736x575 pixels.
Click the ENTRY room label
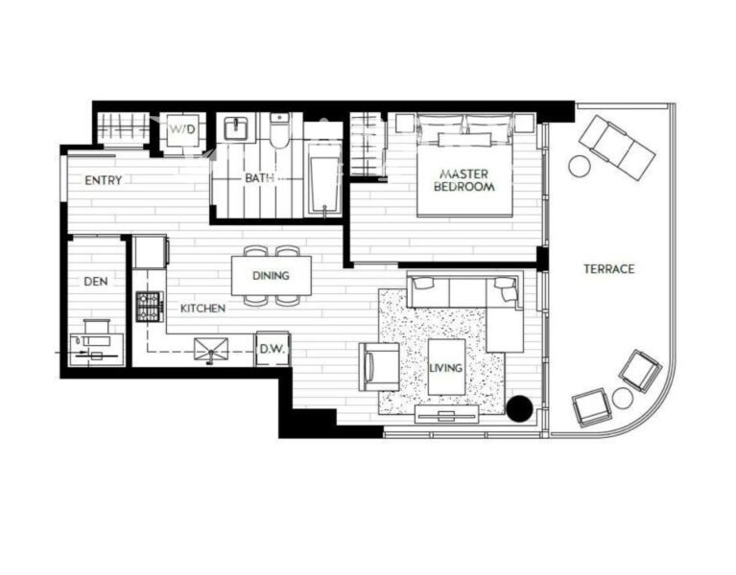click(x=103, y=180)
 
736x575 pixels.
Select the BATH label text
click(x=260, y=178)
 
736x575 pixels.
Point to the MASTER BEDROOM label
click(x=463, y=180)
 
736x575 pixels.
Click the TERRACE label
click(x=608, y=269)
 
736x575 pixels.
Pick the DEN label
click(x=96, y=281)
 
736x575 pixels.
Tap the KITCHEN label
click(x=202, y=309)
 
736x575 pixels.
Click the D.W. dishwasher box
click(x=273, y=349)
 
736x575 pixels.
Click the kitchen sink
click(x=211, y=349)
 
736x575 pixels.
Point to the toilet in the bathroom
click(x=280, y=130)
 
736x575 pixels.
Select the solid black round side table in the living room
click(x=519, y=408)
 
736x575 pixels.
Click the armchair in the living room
click(x=379, y=366)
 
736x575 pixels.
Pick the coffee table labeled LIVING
click(x=446, y=367)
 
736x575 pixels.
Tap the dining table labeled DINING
click(x=272, y=276)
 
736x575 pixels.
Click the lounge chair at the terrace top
click(x=617, y=148)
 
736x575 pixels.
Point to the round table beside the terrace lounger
click(x=580, y=166)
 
